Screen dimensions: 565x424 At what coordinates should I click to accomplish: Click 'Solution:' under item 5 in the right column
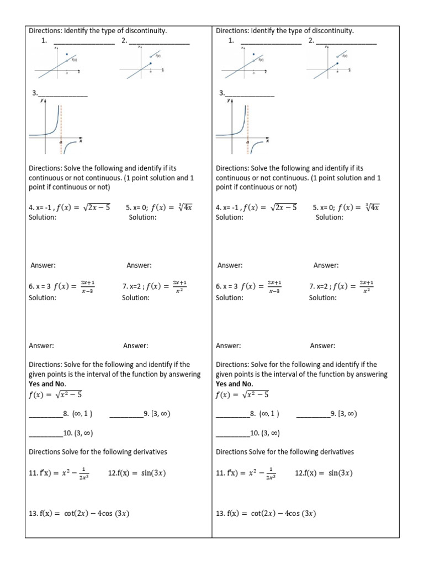pyautogui.click(x=329, y=217)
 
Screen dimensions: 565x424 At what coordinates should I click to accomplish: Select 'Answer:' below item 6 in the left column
pyautogui.click(x=41, y=346)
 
